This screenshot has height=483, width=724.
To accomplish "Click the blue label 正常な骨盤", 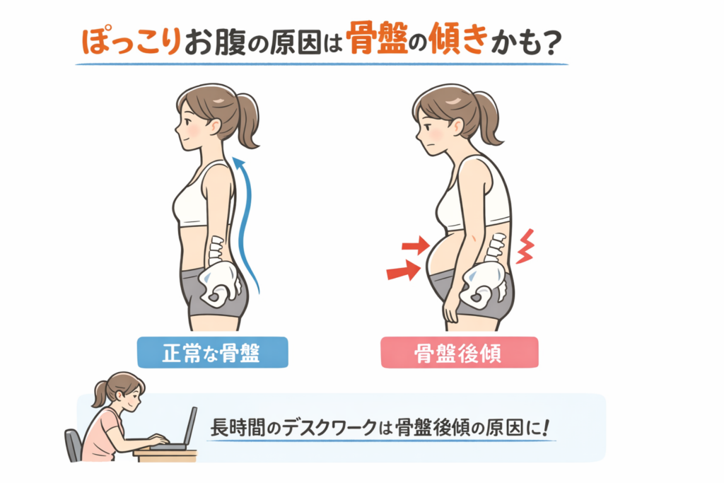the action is click(x=212, y=352).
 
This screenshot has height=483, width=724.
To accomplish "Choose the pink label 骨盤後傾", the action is click(x=460, y=353).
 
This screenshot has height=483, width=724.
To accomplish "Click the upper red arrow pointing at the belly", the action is click(x=416, y=245).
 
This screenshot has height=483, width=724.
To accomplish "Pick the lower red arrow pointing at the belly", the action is click(x=404, y=271).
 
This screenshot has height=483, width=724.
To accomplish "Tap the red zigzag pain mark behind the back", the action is click(x=525, y=246).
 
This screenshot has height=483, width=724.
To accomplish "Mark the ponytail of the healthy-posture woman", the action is click(x=247, y=119).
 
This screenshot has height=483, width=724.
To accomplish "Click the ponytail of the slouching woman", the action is click(x=488, y=118).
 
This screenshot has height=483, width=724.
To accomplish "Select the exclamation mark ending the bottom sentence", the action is click(x=547, y=427).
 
